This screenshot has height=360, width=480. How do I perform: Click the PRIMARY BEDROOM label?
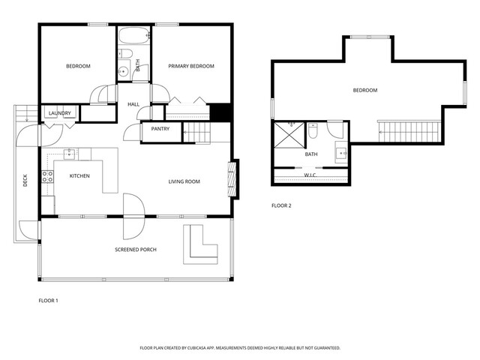191,66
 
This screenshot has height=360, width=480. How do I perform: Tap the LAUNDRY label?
60,113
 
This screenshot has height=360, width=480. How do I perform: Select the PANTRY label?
160,129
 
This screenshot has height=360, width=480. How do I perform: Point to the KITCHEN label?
79,176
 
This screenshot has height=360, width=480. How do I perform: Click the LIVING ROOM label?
184,181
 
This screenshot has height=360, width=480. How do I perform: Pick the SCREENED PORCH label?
136,250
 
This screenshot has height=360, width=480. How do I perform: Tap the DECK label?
25,180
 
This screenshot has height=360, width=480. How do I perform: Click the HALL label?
133,104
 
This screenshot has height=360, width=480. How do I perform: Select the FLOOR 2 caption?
281,205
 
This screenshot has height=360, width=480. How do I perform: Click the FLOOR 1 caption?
48,301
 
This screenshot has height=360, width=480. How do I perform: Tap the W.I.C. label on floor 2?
310,175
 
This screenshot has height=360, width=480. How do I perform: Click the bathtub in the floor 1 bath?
134,36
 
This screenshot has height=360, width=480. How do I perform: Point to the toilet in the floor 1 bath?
125,53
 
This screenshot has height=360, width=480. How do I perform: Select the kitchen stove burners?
47,177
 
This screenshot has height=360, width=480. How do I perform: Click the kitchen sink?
70,154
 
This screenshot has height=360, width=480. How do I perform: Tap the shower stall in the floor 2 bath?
289,135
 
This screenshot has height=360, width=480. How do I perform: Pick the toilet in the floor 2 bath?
313,130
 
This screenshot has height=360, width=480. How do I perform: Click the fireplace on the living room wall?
232,179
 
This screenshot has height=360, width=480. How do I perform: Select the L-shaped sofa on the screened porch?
200,244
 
